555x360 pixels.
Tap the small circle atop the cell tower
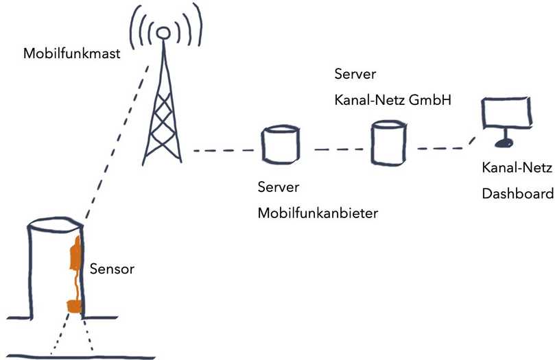(x=163, y=32)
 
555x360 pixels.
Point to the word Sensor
(x=112, y=269)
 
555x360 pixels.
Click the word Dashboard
(x=512, y=193)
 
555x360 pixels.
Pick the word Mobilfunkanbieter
(x=318, y=213)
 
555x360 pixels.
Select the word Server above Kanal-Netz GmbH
(x=355, y=73)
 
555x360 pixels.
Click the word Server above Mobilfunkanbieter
(x=279, y=187)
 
